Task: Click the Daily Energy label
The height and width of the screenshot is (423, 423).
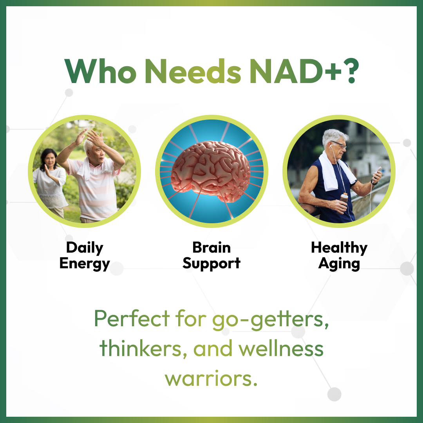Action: pyautogui.click(x=85, y=255)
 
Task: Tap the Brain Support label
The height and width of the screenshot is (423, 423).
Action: pyautogui.click(x=211, y=255)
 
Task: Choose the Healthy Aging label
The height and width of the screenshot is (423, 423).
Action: pyautogui.click(x=339, y=255)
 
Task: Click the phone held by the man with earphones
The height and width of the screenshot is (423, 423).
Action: pyautogui.click(x=377, y=174)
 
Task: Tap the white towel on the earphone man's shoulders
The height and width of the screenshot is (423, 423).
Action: pyautogui.click(x=331, y=172)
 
